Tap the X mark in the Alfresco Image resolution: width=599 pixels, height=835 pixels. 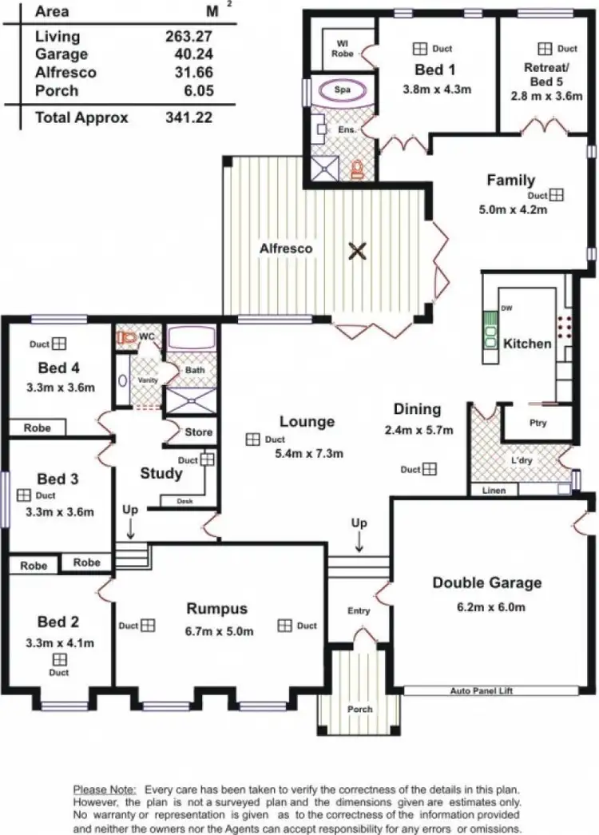(358, 252)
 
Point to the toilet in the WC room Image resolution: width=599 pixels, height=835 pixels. (126, 338)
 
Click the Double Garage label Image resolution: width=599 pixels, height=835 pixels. (486, 583)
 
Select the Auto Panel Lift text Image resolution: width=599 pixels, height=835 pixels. (481, 689)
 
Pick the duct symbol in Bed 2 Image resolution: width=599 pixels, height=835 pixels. (60, 659)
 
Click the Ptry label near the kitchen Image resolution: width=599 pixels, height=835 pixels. (538, 423)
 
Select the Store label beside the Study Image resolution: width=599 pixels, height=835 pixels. (199, 432)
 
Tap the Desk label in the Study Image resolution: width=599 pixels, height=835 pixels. (171, 502)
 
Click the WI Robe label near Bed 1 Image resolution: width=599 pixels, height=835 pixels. (342, 48)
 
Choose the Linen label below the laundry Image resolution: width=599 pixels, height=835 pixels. (494, 490)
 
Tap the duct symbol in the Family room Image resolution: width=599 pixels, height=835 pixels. (556, 195)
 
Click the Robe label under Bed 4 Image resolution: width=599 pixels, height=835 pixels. (37, 427)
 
